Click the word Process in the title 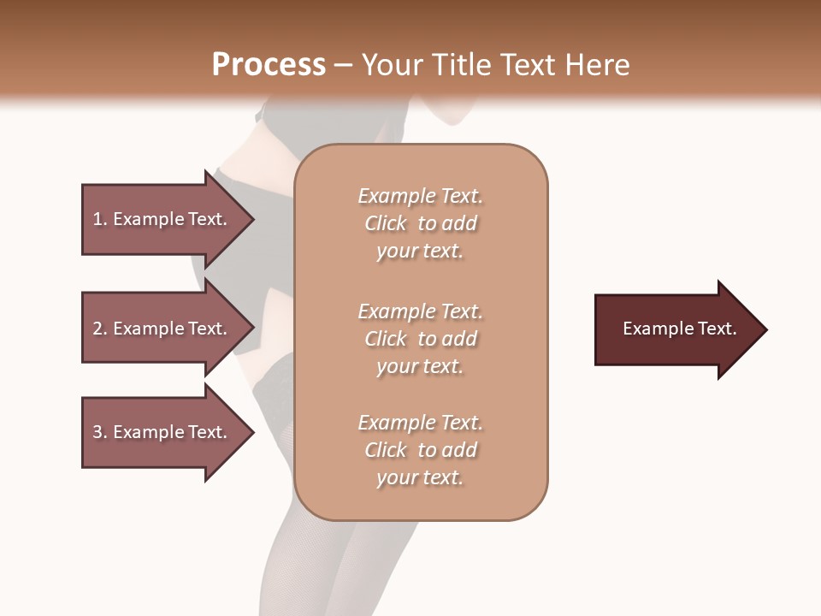[269, 65]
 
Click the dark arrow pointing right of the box [676, 329]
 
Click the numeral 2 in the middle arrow [97, 329]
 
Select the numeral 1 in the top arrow [97, 219]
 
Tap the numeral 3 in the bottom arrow [97, 432]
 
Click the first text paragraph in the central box [420, 223]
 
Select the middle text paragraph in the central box [420, 339]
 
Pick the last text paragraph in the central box [420, 450]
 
